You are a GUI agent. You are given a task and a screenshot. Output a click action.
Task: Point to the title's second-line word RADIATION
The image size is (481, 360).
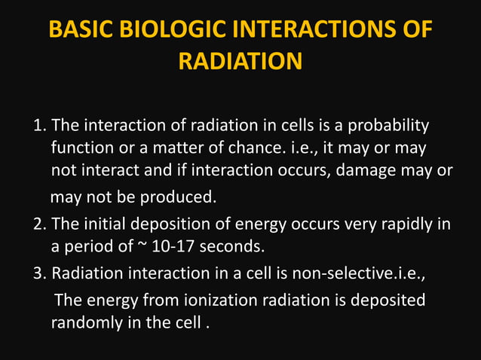240,61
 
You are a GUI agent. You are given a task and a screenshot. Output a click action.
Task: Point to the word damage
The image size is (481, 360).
372,170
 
